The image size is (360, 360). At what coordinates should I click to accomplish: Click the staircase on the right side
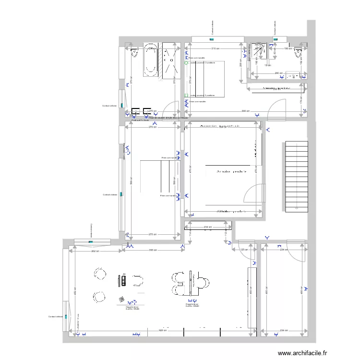click(x=297, y=176)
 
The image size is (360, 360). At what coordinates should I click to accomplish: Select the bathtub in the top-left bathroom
click(x=151, y=60)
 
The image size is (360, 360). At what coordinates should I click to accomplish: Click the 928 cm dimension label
click(x=165, y=331)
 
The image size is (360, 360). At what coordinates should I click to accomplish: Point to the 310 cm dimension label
click(x=216, y=48)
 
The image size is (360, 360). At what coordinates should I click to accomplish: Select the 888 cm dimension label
click(x=246, y=111)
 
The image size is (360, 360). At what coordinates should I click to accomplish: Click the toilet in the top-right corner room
click(x=299, y=53)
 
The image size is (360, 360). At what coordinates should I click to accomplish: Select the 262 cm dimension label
click(x=95, y=251)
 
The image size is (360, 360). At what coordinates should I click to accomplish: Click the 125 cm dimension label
click(x=243, y=250)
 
